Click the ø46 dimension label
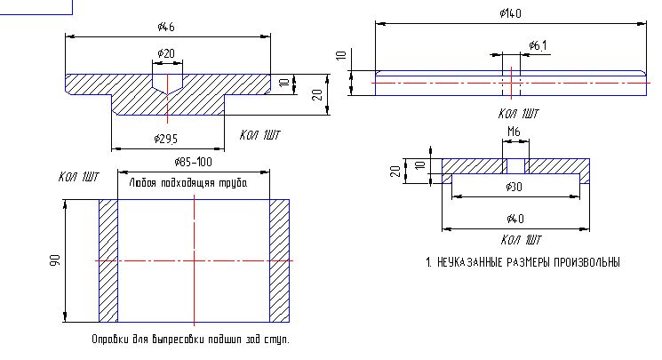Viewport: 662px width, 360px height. (x=166, y=27)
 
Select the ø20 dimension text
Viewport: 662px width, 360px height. (x=166, y=53)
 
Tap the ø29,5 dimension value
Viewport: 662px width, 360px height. (x=166, y=139)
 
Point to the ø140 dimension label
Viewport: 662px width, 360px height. (x=510, y=13)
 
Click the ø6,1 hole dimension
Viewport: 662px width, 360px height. (x=538, y=45)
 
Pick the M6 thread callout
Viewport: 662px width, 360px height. (x=514, y=132)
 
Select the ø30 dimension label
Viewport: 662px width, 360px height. (x=514, y=187)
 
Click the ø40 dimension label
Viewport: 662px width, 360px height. (x=515, y=219)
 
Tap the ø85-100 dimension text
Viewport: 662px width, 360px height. (x=194, y=163)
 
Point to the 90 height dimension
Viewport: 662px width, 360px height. (x=55, y=260)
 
